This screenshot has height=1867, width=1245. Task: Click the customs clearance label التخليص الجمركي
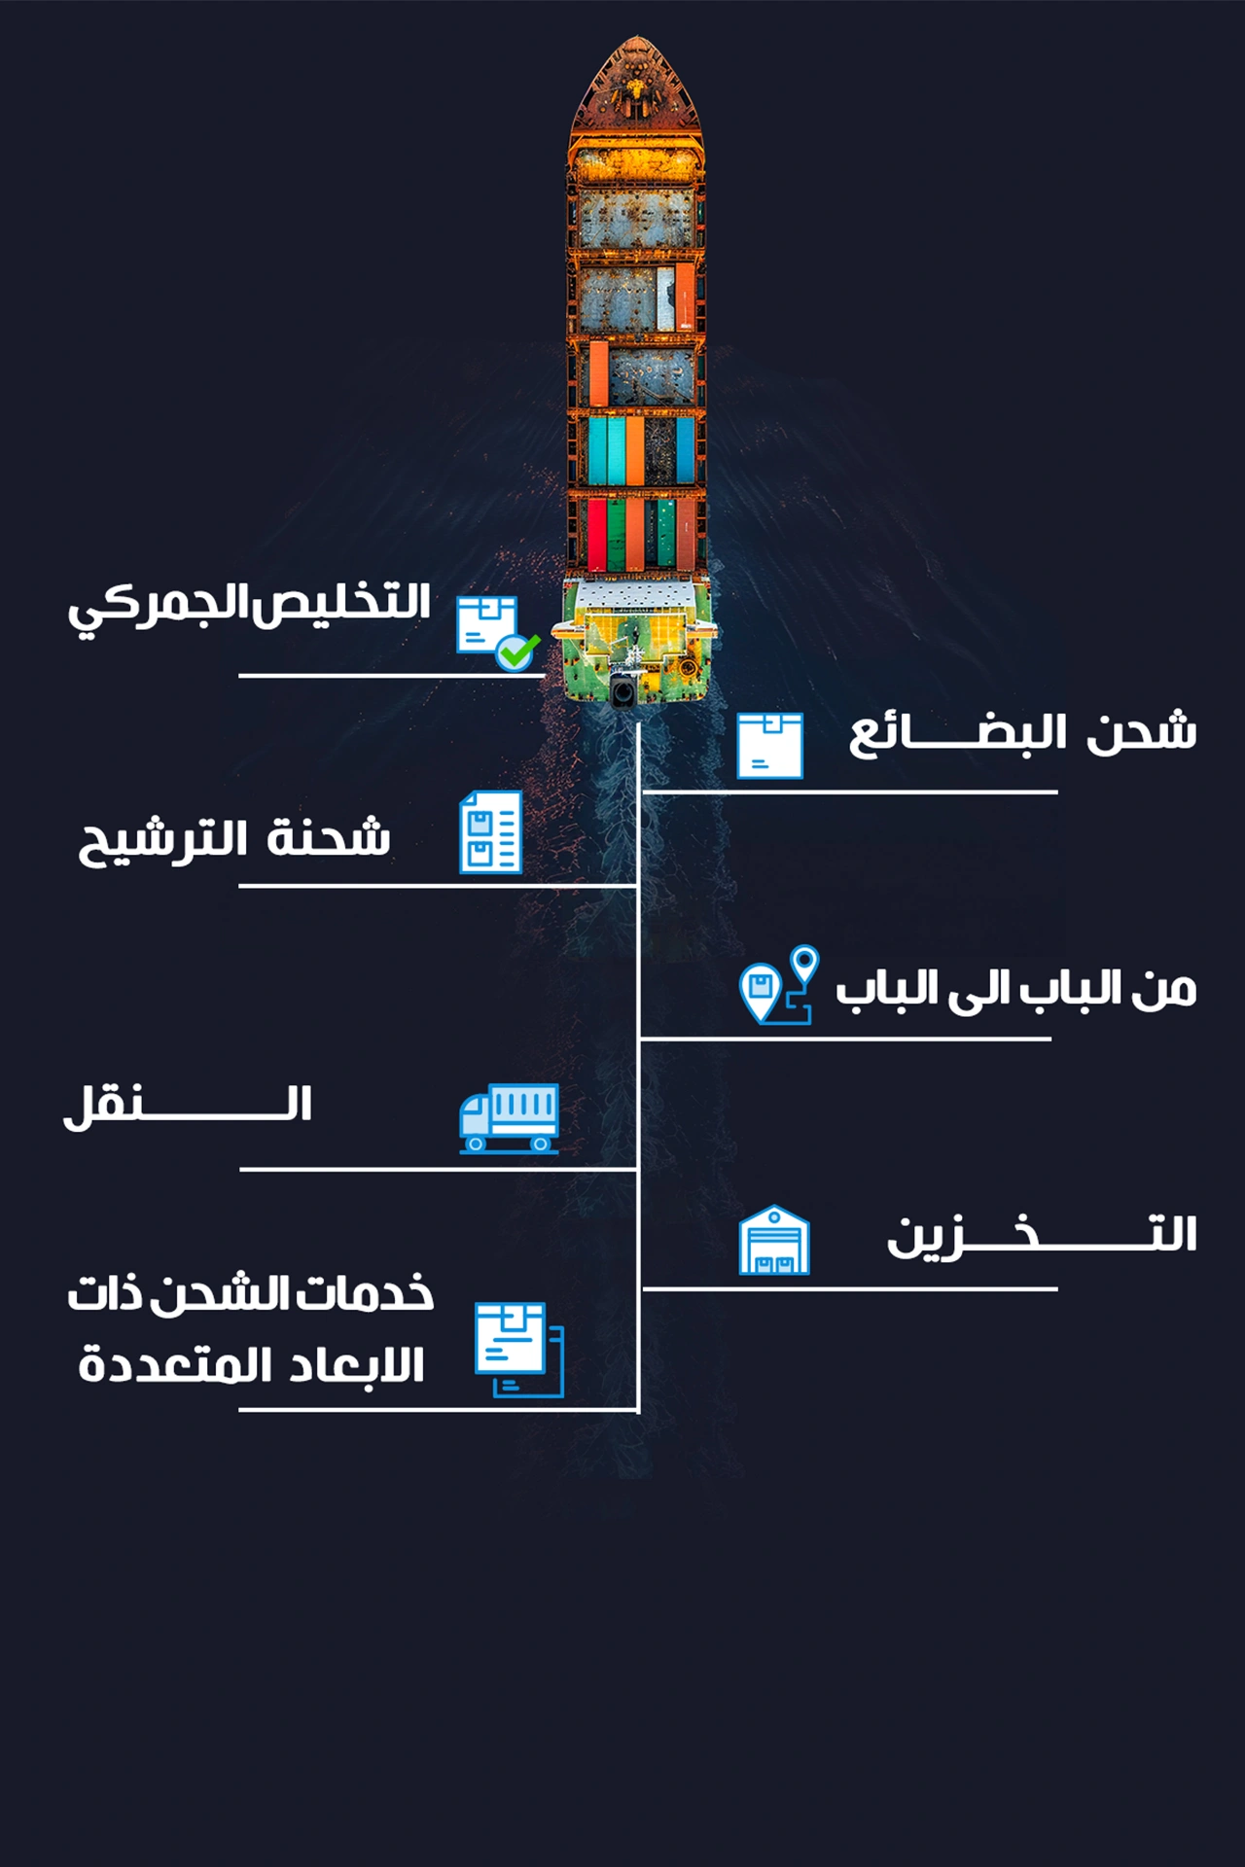pyautogui.click(x=249, y=606)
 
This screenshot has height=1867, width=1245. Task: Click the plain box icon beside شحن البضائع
pyautogui.click(x=769, y=746)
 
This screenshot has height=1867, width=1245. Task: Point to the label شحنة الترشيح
pyautogui.click(x=234, y=838)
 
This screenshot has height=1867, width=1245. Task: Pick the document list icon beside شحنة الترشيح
pyautogui.click(x=491, y=832)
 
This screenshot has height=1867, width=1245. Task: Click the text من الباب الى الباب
pyautogui.click(x=1015, y=989)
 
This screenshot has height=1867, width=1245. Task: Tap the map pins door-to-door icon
pyautogui.click(x=778, y=985)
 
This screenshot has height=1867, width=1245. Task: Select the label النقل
pyautogui.click(x=188, y=1106)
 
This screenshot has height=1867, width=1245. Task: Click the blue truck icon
pyautogui.click(x=509, y=1118)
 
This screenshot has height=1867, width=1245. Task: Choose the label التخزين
pyautogui.click(x=1041, y=1236)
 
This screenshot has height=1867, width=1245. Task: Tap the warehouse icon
pyautogui.click(x=774, y=1241)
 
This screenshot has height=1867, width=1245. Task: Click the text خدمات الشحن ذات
pyautogui.click(x=251, y=1294)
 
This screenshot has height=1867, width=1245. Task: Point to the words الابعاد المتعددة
pyautogui.click(x=251, y=1365)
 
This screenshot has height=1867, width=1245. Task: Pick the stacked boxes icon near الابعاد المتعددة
pyautogui.click(x=518, y=1349)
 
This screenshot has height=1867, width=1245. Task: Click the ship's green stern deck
pyautogui.click(x=637, y=642)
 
